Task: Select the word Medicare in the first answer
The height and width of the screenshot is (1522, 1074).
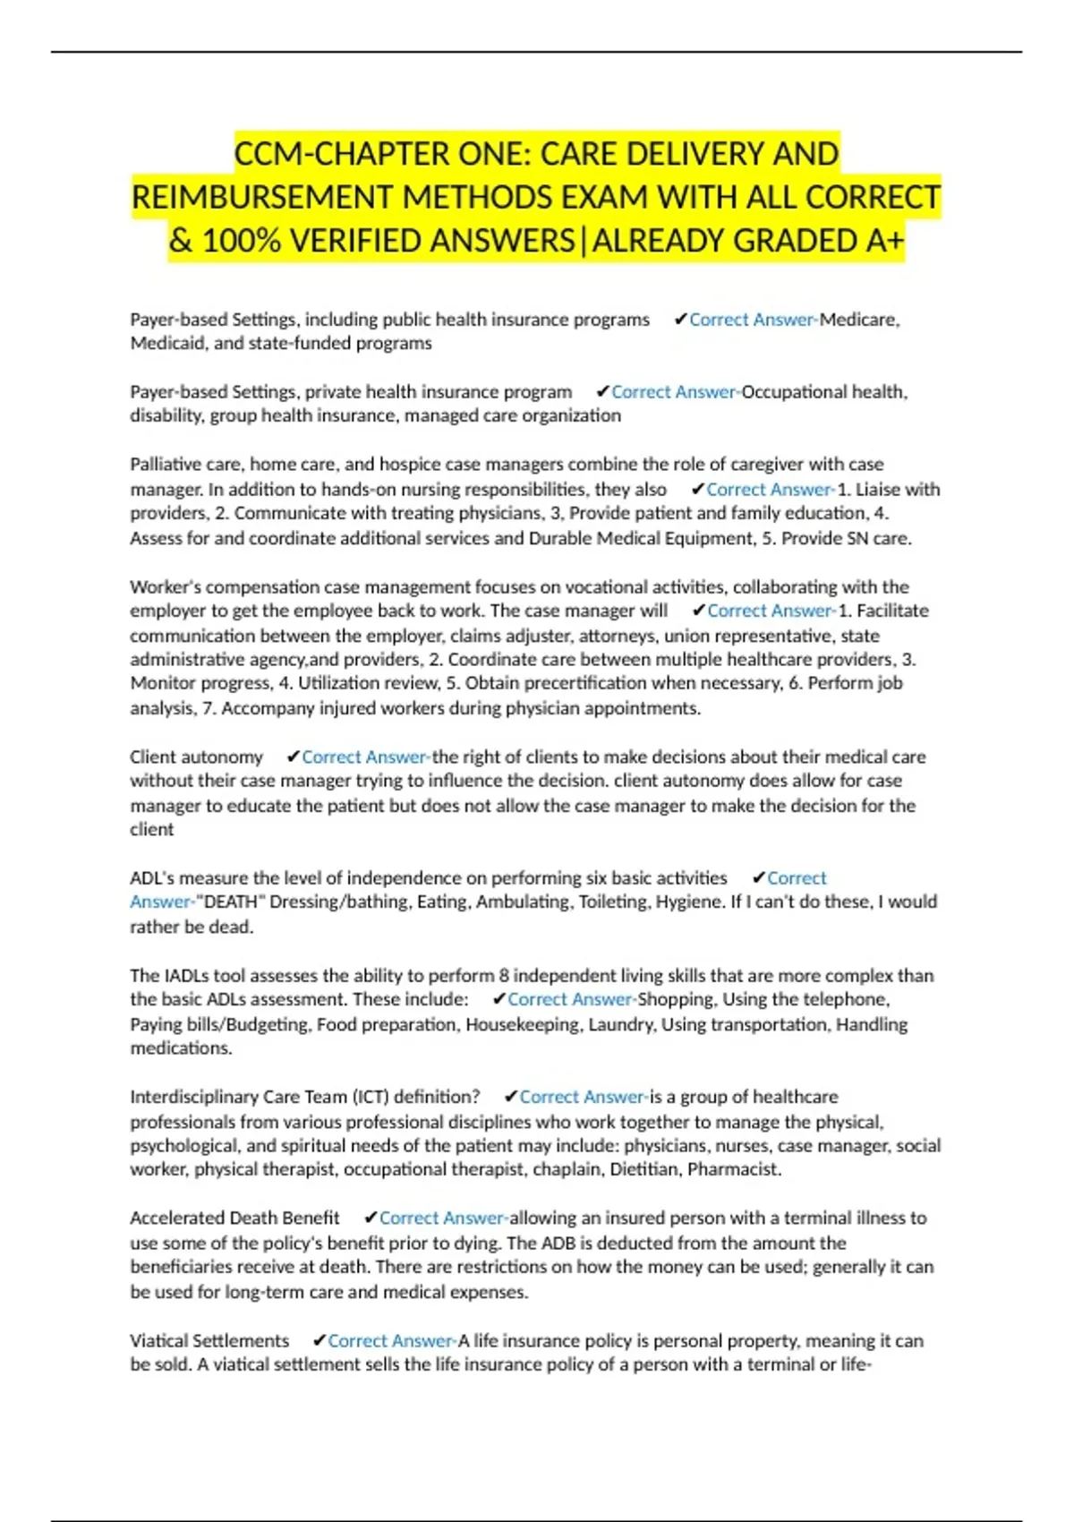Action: [x=858, y=320]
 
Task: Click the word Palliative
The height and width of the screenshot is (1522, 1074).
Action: [x=166, y=465]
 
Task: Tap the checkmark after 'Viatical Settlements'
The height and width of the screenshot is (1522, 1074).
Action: [x=319, y=1341]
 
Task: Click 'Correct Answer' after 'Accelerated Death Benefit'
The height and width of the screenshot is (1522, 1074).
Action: [x=442, y=1218]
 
